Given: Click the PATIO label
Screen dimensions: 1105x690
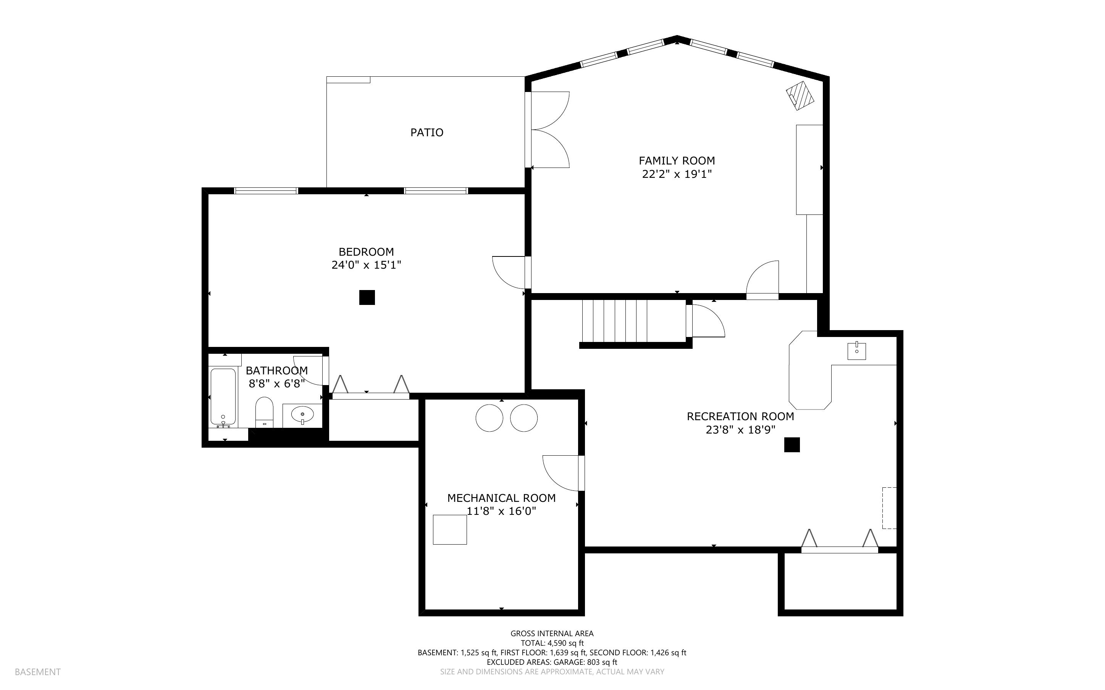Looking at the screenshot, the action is point(427,132).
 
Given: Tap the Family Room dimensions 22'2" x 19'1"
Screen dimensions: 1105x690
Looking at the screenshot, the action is point(677,174).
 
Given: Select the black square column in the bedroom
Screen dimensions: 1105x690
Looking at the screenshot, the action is point(367,298).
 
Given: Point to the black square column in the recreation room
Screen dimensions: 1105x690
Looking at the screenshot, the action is point(792,445).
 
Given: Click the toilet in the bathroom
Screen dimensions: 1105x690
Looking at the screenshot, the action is point(264,413).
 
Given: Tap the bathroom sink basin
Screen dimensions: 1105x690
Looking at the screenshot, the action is point(302,415).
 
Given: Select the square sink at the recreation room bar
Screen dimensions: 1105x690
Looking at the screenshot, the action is point(857,350).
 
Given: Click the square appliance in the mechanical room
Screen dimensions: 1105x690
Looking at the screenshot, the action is point(449,529).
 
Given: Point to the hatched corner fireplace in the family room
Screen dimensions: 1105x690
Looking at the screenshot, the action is point(801,95).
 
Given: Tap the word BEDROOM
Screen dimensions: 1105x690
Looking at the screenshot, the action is point(366,252).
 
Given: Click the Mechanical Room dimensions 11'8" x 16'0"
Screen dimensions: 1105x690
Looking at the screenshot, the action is point(502,511).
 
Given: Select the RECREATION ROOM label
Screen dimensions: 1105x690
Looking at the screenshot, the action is point(740,417).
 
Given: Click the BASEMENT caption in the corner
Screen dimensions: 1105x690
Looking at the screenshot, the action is point(37,672).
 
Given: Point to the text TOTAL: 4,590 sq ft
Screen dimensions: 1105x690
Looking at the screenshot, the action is point(552,643).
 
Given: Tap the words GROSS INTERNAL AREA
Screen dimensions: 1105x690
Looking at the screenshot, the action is point(552,634).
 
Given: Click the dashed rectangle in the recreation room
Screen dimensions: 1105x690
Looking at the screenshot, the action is point(889,508).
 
